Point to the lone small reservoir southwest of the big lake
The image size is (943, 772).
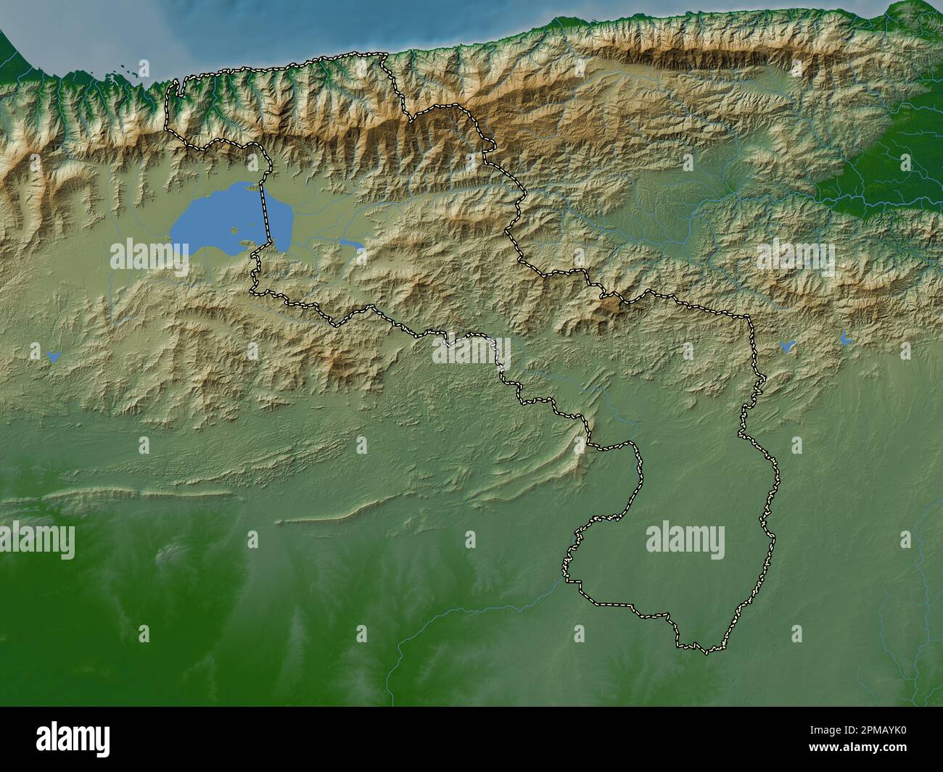pyautogui.click(x=52, y=355)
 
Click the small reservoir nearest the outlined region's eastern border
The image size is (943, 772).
pyautogui.click(x=786, y=345)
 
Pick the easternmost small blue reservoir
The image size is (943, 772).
pyautogui.click(x=844, y=338)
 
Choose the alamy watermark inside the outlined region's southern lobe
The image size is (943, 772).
pyautogui.click(x=685, y=541)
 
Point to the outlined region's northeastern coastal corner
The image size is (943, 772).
pyautogui.click(x=385, y=54)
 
